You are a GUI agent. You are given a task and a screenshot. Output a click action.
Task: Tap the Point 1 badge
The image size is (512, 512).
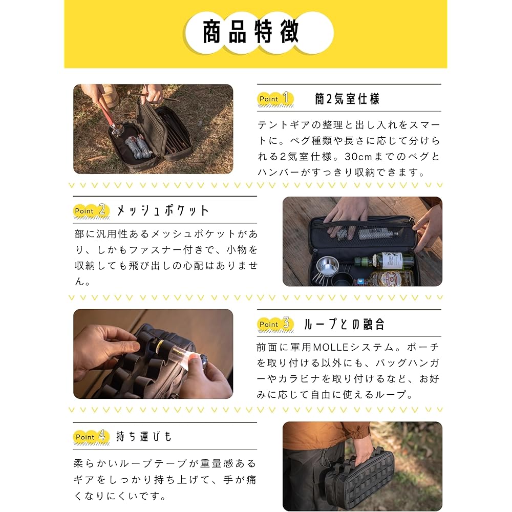point(274,98)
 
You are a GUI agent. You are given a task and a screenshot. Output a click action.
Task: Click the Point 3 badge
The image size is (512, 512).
point(274,324)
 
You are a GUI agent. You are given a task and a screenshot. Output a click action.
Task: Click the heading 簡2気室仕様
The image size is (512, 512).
point(347,99)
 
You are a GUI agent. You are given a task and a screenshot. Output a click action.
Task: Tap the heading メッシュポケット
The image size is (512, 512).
point(163,210)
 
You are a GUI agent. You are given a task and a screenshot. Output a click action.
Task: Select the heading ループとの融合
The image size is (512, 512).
point(344,324)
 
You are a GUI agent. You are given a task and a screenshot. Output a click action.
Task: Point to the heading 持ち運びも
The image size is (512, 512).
point(144,437)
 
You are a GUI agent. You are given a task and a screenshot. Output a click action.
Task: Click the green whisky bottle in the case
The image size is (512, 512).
point(384,260)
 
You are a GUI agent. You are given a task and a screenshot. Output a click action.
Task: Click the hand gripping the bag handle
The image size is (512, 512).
point(363,451)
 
